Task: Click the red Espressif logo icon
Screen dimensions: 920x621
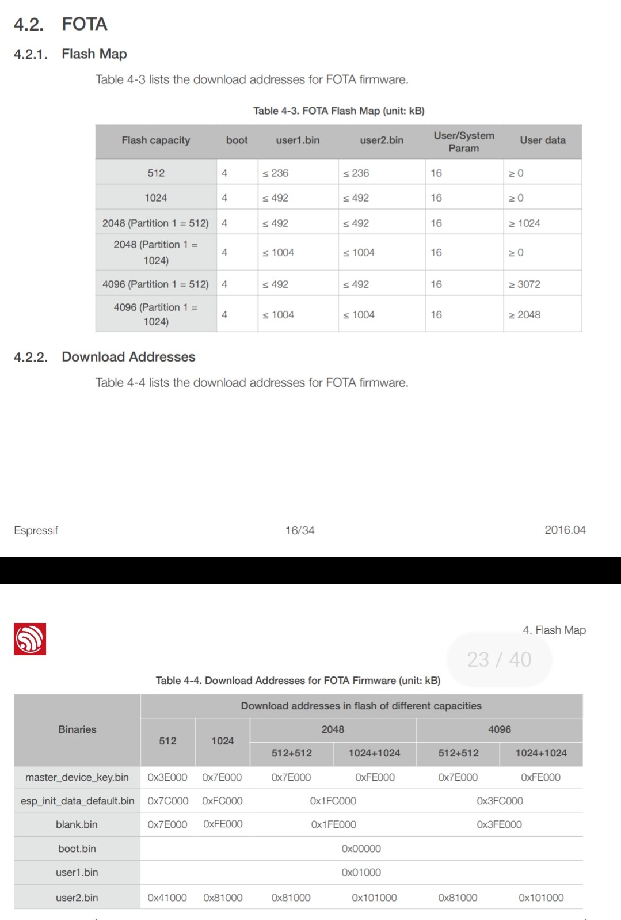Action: point(30,638)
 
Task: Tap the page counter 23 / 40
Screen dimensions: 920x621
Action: point(499,659)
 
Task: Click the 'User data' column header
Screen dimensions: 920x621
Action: point(542,140)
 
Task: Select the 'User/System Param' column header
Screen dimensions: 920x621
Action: point(463,142)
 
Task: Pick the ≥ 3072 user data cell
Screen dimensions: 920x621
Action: point(524,284)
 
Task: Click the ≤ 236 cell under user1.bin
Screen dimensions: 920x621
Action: point(276,173)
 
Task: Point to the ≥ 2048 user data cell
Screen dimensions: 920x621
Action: point(524,315)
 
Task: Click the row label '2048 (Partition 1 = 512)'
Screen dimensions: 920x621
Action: point(155,223)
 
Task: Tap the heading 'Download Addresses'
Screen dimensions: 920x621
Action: point(128,357)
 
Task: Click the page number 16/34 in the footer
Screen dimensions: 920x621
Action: point(300,530)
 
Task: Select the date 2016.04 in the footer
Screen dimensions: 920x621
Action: point(565,530)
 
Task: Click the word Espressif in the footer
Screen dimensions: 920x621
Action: point(36,530)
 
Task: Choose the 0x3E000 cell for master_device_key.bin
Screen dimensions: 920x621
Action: point(167,777)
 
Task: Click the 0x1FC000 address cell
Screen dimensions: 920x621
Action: point(333,801)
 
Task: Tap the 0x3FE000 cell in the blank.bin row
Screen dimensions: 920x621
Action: point(499,824)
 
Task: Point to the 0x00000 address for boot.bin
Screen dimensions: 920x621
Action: point(361,849)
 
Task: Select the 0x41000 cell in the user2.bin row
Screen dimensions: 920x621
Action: point(167,898)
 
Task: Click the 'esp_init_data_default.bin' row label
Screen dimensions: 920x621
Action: point(77,801)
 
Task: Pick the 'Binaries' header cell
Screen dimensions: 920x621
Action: point(77,729)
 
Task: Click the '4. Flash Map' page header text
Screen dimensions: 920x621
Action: point(554,630)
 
